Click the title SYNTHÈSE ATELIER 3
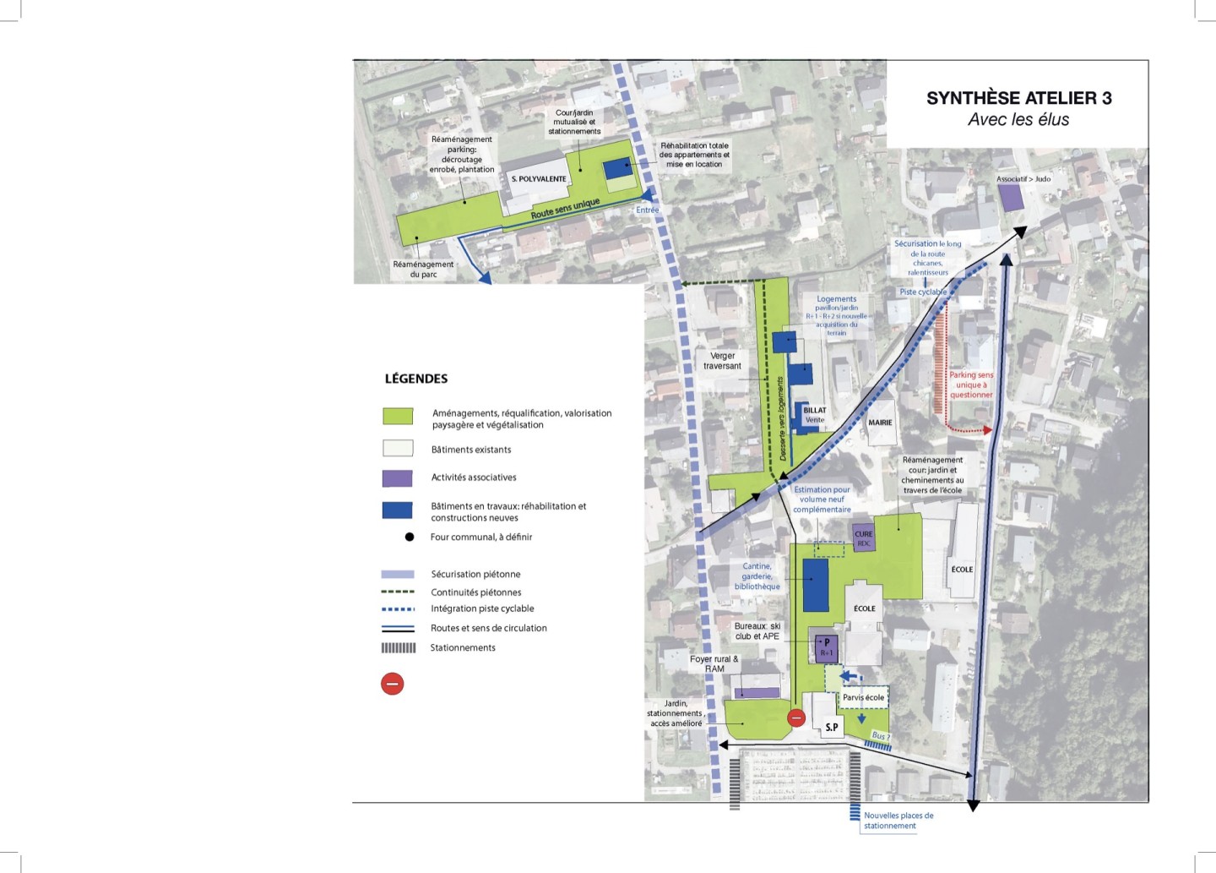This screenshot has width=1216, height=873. pos(1018,98)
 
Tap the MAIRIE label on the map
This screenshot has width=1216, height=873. pos(880,423)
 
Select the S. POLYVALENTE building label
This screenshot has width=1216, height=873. pos(539,179)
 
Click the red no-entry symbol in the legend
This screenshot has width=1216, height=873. pos(393,683)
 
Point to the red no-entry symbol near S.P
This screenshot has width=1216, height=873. pos(796,718)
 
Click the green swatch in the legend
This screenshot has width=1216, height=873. pos(398,416)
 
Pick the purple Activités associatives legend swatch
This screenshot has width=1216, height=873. pos(398,478)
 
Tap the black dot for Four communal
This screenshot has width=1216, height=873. pos(410,537)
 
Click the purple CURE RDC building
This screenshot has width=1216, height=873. pos(864,537)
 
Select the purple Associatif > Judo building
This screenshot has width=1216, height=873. pos(1011,199)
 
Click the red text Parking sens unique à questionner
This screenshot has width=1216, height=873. pos(971,385)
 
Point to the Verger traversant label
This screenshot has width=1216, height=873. pos(723,361)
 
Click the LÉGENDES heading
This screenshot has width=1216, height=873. pos(416,379)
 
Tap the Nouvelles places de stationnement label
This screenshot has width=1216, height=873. pos(898,821)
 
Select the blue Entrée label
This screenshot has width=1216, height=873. pos(648,210)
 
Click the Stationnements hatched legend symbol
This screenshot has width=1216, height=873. pos(399,648)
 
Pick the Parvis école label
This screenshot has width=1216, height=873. pos(863,698)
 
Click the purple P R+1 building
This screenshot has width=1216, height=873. pos(826,647)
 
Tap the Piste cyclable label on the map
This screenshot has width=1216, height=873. pos(923,292)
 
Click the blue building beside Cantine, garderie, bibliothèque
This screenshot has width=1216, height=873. pos(816,585)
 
